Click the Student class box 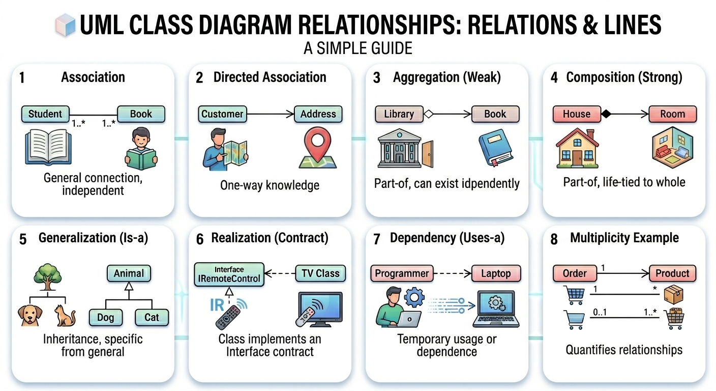(x=45, y=114)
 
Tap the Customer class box (x=222, y=114)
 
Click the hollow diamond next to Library (x=428, y=114)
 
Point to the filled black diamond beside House (x=606, y=114)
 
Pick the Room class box (x=672, y=114)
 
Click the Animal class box (x=129, y=273)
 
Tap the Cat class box (x=152, y=317)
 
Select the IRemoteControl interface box (x=229, y=274)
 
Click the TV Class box (x=320, y=273)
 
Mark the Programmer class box (x=402, y=273)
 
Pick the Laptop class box (x=495, y=273)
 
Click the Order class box (x=575, y=273)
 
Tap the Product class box (x=672, y=273)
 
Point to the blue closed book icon (x=493, y=147)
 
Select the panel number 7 (x=376, y=239)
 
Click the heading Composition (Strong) (x=624, y=77)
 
